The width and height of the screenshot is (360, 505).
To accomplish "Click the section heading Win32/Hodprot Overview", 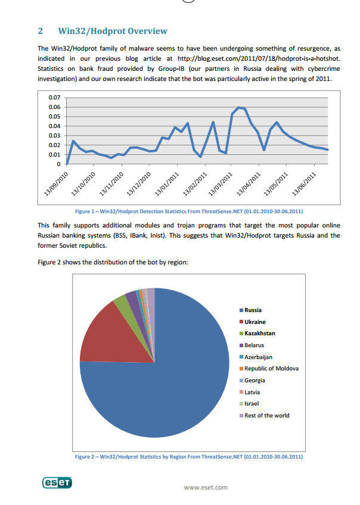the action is (x=113, y=31).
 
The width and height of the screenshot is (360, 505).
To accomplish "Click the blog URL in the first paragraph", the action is (x=259, y=58).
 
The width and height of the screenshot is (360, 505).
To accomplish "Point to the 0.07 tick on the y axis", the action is (x=54, y=97).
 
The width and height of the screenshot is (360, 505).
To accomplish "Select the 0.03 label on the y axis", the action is (x=54, y=136).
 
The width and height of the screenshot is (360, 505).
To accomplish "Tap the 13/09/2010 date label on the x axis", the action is (x=56, y=184).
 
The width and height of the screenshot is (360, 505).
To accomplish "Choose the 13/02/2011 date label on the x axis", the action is (x=195, y=184).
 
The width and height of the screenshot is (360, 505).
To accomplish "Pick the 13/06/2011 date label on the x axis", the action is (x=304, y=184).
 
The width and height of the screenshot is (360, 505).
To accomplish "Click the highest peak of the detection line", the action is (x=238, y=107).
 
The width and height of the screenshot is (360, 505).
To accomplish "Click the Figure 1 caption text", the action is (x=189, y=211).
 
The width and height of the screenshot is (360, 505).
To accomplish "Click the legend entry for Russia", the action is (x=250, y=310).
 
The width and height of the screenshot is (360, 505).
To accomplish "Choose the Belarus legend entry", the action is (x=252, y=345).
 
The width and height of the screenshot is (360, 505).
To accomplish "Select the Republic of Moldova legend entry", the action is (x=269, y=369).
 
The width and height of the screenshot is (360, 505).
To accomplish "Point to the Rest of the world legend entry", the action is (x=264, y=416).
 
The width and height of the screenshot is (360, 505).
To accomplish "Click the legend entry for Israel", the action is (x=249, y=404).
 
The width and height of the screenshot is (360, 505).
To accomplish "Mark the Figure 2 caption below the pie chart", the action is (x=189, y=457).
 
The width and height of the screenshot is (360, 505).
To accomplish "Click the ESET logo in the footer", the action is (x=57, y=482).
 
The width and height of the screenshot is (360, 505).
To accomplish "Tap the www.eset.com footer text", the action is (x=206, y=487).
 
